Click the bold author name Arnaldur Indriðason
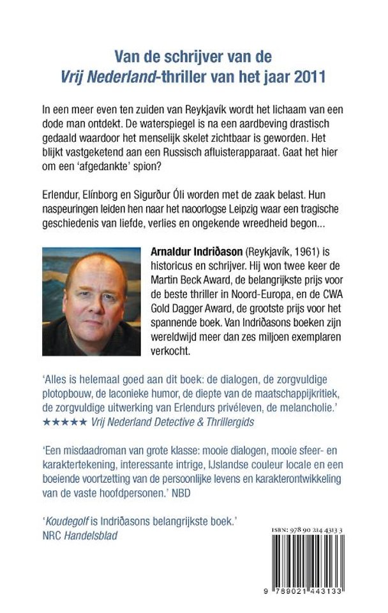196,254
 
